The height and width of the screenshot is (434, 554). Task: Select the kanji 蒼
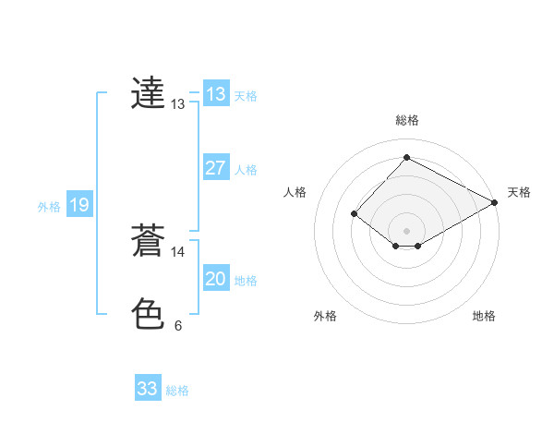coord(148,240)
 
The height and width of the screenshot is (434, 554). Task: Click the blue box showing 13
coord(215,93)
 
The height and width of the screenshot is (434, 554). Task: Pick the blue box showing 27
coord(215,168)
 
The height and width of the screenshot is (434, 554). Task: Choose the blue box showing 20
coord(215,279)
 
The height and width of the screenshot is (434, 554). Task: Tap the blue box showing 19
coord(78,205)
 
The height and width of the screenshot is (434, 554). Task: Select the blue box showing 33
coord(147,389)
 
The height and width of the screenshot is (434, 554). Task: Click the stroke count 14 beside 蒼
coord(178,251)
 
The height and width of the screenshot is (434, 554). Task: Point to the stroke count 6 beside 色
coord(178,325)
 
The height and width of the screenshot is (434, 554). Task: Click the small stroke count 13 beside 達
coord(178,104)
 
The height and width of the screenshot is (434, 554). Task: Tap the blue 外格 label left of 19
coord(49,207)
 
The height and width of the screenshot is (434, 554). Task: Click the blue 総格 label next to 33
coord(177,391)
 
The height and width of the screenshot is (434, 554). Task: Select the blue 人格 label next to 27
coord(246,170)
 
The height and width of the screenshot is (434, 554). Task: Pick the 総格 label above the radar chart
coord(406,120)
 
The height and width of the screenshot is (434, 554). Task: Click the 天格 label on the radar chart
coord(519,192)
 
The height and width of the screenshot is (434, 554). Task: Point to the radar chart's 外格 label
coord(325,317)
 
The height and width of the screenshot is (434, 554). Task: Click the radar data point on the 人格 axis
coord(354,213)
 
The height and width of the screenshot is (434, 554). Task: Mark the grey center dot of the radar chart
coord(406,230)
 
